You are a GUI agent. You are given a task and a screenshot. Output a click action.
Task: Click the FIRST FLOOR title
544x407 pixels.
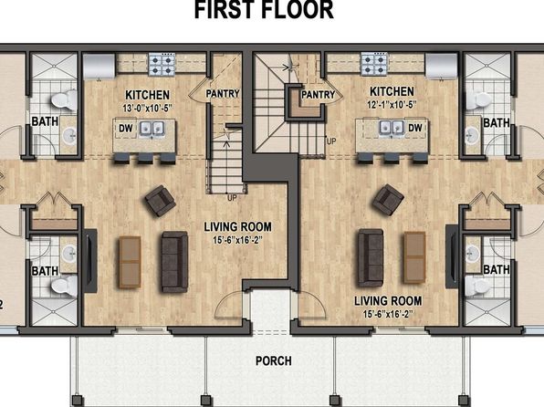click(x=264, y=10)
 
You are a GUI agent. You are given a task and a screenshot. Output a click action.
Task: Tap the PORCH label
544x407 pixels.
click(x=274, y=360)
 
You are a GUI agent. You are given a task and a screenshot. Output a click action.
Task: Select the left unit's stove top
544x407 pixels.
click(x=162, y=64)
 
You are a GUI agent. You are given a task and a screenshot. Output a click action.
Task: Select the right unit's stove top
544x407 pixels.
click(x=374, y=64)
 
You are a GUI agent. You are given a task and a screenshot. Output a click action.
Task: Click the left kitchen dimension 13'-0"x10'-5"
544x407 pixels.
click(x=148, y=108)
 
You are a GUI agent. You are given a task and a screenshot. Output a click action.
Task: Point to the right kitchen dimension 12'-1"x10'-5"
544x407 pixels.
click(x=392, y=104)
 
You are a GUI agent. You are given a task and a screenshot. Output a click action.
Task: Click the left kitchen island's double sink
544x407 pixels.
click(x=152, y=129)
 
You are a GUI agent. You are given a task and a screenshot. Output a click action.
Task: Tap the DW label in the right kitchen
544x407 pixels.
click(x=415, y=128)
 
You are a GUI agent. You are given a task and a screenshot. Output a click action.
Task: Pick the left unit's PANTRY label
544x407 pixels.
click(x=223, y=93)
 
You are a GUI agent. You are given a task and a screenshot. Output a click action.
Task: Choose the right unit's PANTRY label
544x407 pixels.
click(x=319, y=94)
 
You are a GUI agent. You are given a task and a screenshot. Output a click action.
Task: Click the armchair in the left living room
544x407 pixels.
click(x=161, y=201)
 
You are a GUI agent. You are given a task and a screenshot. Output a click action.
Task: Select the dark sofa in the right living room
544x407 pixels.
click(x=371, y=258)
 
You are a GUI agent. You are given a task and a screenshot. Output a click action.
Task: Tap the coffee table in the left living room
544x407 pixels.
click(x=130, y=262)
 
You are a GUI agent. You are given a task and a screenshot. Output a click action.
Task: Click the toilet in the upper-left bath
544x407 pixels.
click(x=64, y=100)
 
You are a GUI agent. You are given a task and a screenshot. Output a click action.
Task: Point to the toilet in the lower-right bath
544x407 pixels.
click(x=478, y=287)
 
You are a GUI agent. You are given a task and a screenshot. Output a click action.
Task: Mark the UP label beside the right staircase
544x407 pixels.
click(x=331, y=141)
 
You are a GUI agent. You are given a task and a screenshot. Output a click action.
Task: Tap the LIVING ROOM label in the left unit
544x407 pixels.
click(x=238, y=227)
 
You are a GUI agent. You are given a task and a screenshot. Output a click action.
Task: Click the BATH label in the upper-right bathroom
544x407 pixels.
click(x=497, y=123)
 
